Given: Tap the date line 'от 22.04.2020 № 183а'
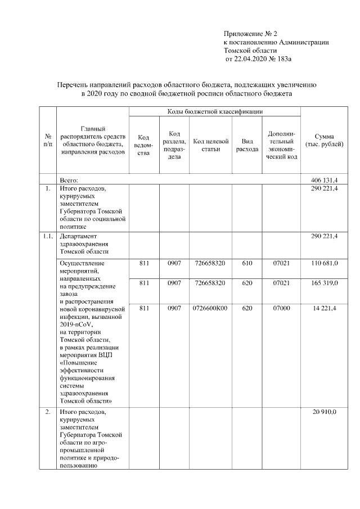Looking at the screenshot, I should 260,58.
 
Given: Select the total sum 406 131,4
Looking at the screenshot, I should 324,179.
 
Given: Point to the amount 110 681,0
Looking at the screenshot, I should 324,263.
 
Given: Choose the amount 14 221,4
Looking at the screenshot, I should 324,308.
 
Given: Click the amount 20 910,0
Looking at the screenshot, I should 325,412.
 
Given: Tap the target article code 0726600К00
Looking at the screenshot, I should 209,308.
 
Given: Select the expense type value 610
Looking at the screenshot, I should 247,263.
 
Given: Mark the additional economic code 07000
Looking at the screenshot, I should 281,308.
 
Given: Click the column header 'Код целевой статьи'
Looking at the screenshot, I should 209,145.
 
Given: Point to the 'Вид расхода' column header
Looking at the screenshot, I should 247,145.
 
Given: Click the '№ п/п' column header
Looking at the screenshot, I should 48,141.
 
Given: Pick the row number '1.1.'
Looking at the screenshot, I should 48,236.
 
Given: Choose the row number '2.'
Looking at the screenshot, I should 48,412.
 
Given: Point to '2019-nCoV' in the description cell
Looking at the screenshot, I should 75,325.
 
